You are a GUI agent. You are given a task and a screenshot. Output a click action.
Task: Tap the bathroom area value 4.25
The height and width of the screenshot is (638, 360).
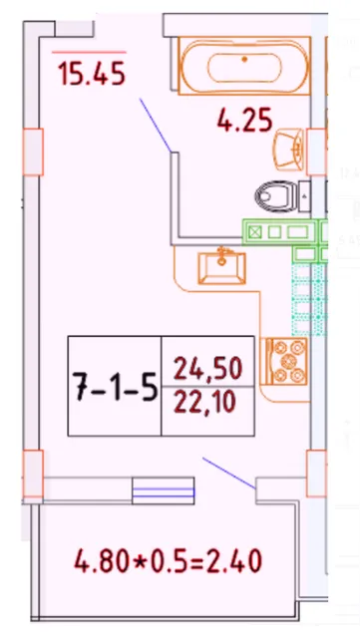(x=244, y=123)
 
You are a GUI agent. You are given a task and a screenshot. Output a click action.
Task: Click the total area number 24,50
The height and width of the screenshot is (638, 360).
(x=207, y=370)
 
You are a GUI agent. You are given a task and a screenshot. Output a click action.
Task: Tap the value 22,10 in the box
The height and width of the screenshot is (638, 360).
(x=207, y=405)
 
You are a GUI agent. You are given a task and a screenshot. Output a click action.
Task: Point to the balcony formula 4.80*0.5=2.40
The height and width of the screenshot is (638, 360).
(x=168, y=562)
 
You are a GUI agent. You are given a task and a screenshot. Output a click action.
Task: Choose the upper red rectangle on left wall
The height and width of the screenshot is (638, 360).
(x=32, y=150)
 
